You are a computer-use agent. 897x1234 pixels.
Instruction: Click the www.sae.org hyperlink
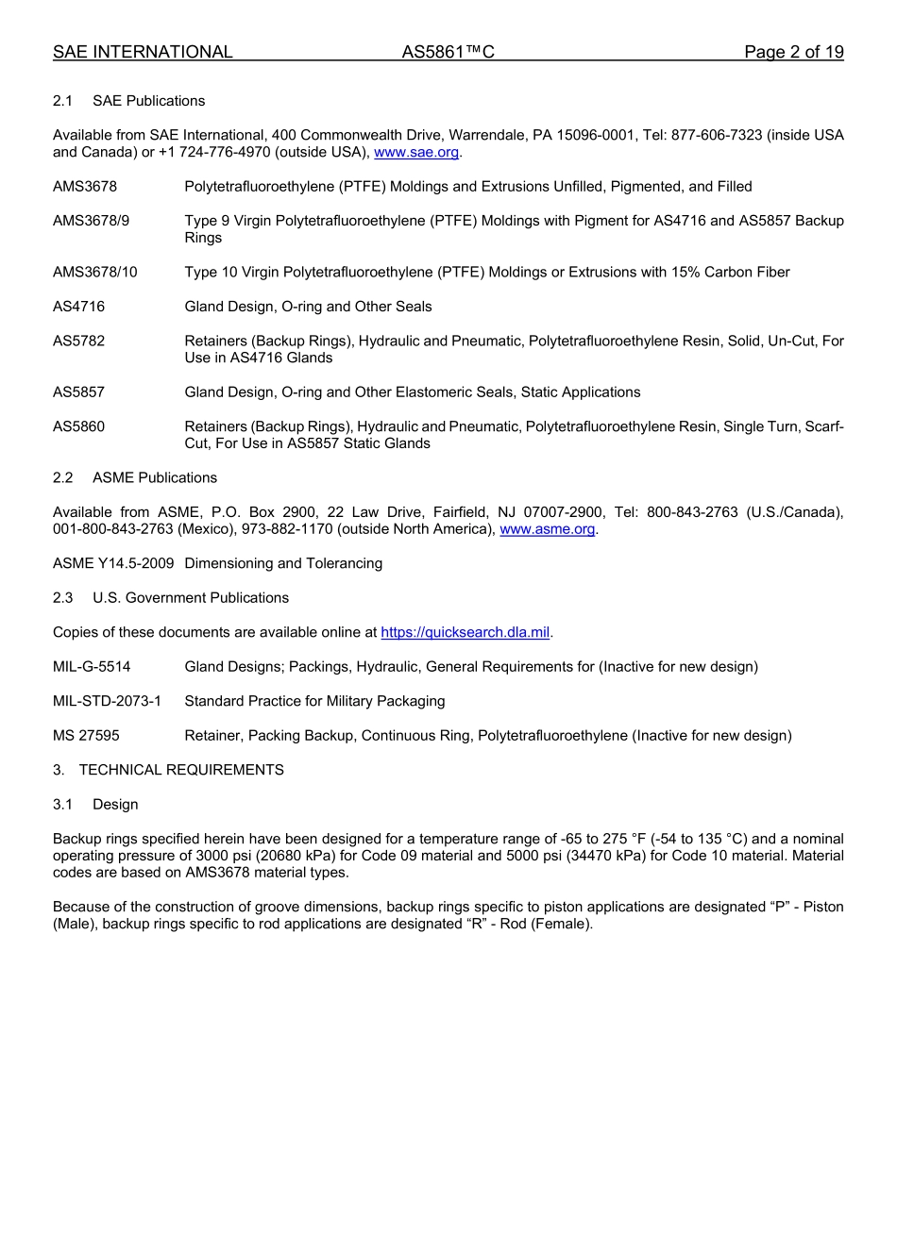click(416, 153)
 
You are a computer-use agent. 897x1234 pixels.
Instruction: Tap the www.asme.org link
click(548, 529)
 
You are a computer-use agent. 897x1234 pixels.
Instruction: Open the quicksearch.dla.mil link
click(465, 632)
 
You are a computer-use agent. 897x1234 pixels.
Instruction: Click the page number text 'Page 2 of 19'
click(793, 53)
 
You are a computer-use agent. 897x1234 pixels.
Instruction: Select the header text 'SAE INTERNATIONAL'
click(143, 53)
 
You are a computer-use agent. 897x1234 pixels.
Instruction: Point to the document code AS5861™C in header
click(448, 53)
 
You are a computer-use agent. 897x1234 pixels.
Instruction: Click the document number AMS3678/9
click(92, 221)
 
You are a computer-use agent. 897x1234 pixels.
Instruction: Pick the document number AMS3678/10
click(95, 273)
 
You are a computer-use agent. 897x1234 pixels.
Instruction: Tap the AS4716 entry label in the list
click(79, 307)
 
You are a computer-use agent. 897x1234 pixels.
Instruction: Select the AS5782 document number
click(79, 341)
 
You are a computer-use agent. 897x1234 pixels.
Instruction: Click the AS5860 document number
click(79, 426)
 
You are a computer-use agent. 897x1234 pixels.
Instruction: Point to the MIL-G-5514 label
click(92, 667)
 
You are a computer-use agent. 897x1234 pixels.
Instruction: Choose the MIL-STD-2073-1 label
click(107, 701)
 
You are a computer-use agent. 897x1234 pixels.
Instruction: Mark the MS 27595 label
click(86, 736)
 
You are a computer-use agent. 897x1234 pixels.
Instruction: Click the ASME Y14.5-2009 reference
click(113, 563)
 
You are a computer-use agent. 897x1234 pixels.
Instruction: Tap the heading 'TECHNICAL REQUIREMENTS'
click(181, 770)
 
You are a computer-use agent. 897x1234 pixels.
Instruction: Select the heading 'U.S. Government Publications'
click(191, 598)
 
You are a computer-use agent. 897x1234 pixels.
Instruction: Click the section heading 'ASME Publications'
click(155, 477)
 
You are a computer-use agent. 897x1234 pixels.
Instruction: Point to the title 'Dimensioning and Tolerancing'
click(283, 563)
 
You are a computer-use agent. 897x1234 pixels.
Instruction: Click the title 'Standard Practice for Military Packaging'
click(314, 701)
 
